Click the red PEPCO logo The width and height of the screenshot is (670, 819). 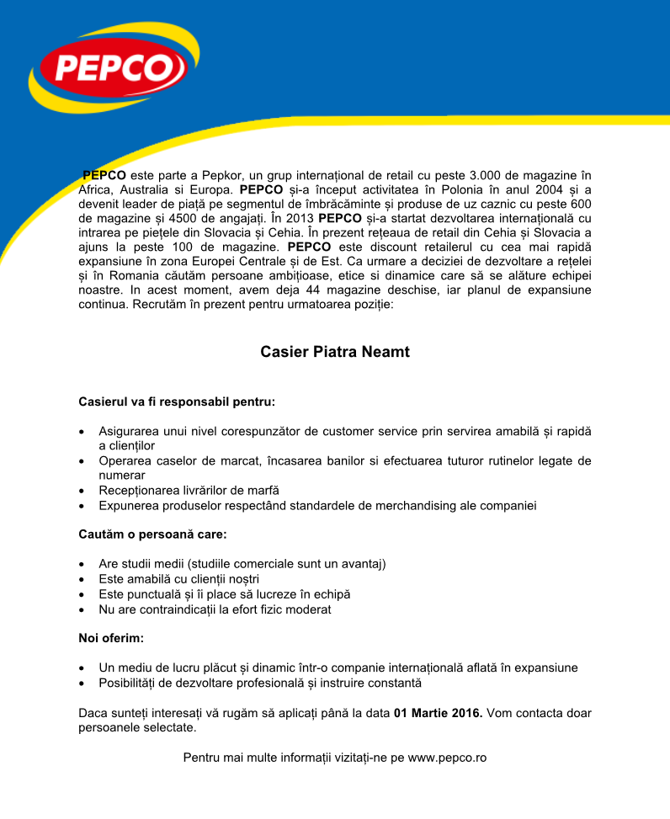109,67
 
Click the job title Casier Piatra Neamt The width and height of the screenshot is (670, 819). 335,352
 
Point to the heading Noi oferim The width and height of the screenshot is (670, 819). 111,638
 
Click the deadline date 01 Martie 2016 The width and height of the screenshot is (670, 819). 438,713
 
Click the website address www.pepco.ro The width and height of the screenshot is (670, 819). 447,758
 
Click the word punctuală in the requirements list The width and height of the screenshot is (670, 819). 153,594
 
